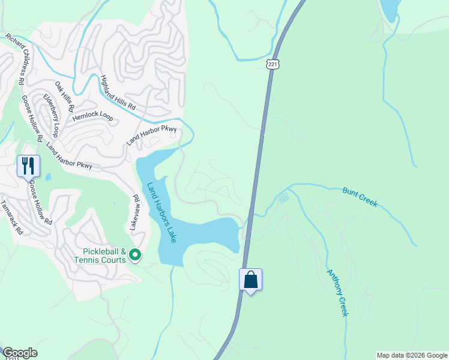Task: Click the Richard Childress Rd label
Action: [14, 58]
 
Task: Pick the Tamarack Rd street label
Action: [11, 218]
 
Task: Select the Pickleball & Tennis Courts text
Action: [105, 256]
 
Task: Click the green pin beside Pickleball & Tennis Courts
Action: [136, 256]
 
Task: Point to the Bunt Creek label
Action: [360, 197]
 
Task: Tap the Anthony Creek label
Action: [337, 292]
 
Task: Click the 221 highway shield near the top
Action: [273, 63]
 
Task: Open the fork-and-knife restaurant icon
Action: [28, 165]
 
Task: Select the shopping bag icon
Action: [251, 280]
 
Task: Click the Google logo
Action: [20, 353]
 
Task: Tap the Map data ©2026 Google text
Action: [411, 355]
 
